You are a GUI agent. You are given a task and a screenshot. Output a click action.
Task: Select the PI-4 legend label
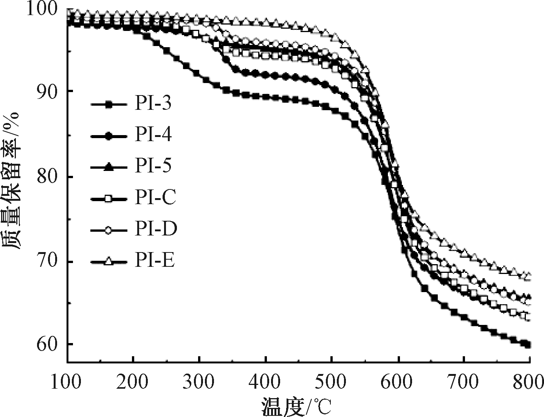tap(153, 135)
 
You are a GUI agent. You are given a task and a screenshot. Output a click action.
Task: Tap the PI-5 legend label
tap(153, 166)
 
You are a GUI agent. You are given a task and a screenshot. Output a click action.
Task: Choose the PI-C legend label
tap(155, 198)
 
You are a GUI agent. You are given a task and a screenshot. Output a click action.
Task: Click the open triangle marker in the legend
tap(108, 261)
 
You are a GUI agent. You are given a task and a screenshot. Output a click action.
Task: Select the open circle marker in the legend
tap(108, 230)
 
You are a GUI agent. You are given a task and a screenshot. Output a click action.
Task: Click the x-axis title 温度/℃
tap(296, 406)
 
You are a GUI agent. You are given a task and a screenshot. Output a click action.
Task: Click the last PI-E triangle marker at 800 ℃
tap(528, 275)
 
